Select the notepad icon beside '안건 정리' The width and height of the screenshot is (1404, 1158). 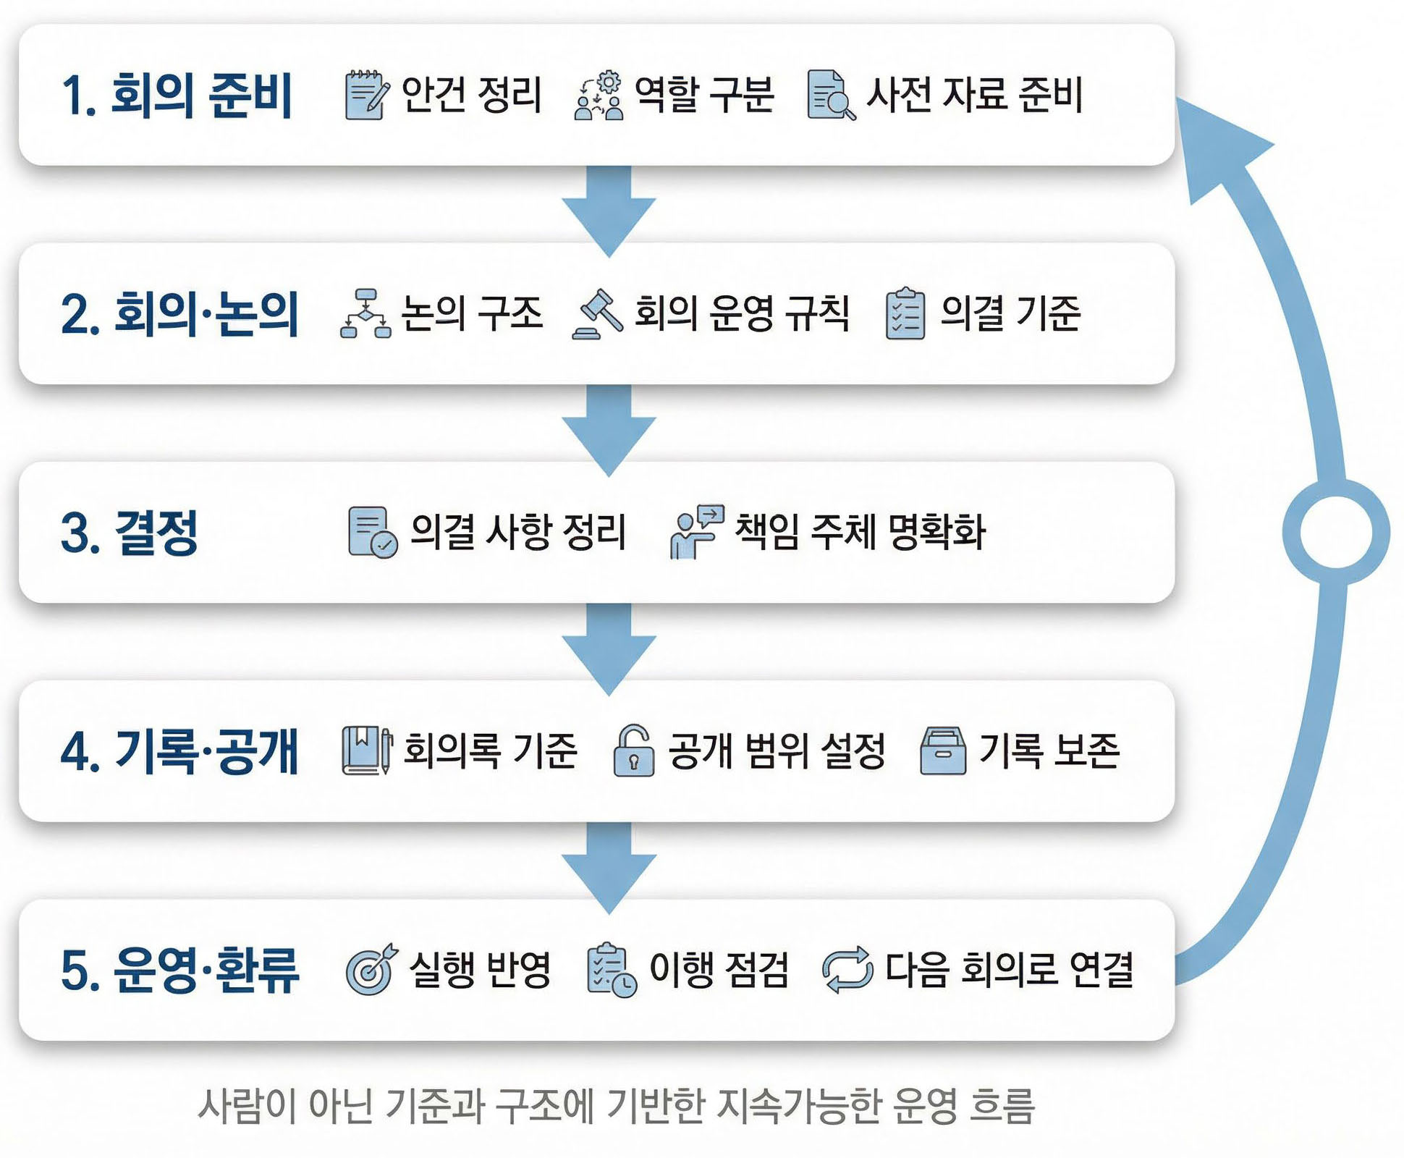pos(366,95)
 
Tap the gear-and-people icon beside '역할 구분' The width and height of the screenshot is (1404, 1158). pos(599,96)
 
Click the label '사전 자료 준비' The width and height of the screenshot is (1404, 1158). pos(974,95)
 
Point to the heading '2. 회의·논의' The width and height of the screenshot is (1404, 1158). pos(179,314)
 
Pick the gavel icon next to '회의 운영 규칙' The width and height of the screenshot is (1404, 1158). pos(598,314)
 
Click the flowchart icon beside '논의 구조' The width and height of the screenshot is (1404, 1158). pos(365,314)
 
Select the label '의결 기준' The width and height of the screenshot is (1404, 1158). pos(1010,314)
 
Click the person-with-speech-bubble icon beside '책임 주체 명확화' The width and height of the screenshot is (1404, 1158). pos(695,532)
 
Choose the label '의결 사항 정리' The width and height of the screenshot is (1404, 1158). pos(517,532)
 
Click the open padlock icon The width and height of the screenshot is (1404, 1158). pos(633,751)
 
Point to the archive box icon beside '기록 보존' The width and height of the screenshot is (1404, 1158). pos(942,751)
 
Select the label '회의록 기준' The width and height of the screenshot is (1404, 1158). pos(490,751)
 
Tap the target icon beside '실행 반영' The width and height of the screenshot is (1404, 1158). pos(371,970)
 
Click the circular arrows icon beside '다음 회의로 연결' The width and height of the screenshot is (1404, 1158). pos(847,970)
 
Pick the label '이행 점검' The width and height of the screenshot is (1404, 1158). pos(719,970)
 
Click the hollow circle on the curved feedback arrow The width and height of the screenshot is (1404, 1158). pos(1335,532)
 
